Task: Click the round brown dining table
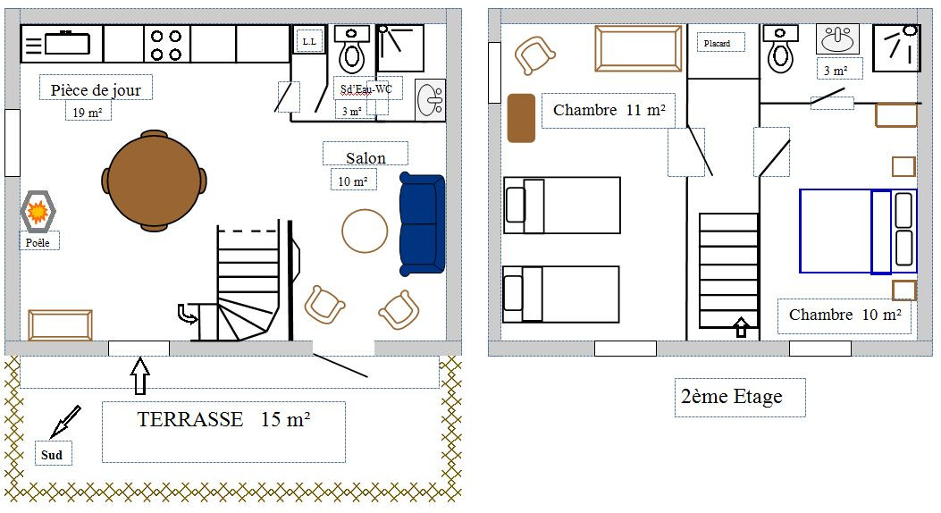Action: (x=155, y=181)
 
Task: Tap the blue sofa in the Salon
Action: (x=422, y=224)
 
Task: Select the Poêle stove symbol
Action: (x=38, y=211)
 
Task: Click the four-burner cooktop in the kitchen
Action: (x=166, y=45)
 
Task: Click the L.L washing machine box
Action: (x=310, y=41)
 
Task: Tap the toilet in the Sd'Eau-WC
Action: (x=352, y=49)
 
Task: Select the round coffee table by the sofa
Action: (x=365, y=231)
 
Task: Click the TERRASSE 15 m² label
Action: (x=223, y=419)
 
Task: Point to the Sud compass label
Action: (x=52, y=455)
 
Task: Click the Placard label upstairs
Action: (x=718, y=43)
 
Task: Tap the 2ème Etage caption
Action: (x=732, y=397)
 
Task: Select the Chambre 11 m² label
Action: (x=609, y=111)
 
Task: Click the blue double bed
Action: (x=858, y=231)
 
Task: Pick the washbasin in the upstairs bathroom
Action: (x=837, y=39)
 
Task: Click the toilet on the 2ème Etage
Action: (x=780, y=49)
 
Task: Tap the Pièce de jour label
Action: (x=96, y=90)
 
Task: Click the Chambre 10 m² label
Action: (x=845, y=315)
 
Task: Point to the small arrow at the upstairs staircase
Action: (x=741, y=327)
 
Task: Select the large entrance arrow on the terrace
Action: (x=139, y=376)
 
